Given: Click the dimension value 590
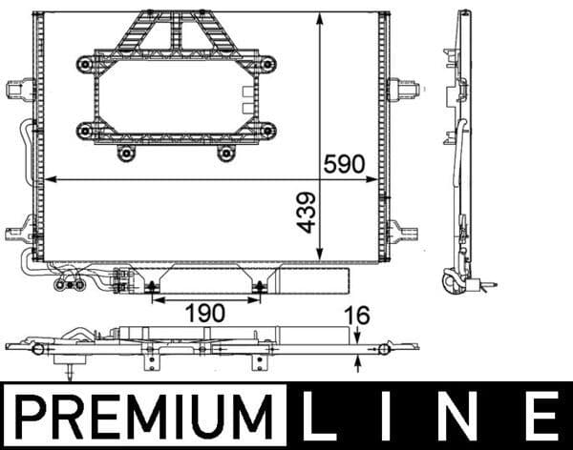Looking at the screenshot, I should coord(345,163).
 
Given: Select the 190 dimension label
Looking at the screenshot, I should coord(205,313).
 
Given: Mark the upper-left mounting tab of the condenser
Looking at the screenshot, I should coord(16,89).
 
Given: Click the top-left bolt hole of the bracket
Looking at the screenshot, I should coord(86,63).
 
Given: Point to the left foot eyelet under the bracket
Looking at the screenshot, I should coord(124,153).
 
